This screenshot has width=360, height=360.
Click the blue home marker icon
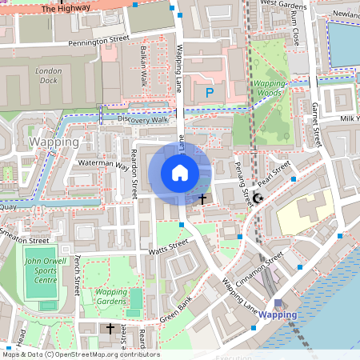click(180, 172)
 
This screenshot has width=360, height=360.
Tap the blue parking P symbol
click(210, 93)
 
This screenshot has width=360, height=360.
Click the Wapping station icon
click(278, 302)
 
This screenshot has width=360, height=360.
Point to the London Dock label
click(48, 76)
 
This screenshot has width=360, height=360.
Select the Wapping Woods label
click(268, 89)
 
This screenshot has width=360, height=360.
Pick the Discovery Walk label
click(142, 119)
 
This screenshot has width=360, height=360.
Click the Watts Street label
click(168, 248)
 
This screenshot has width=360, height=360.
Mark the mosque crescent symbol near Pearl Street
click(258, 197)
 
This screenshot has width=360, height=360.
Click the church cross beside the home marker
click(202, 198)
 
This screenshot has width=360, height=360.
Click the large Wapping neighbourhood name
click(54, 142)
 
